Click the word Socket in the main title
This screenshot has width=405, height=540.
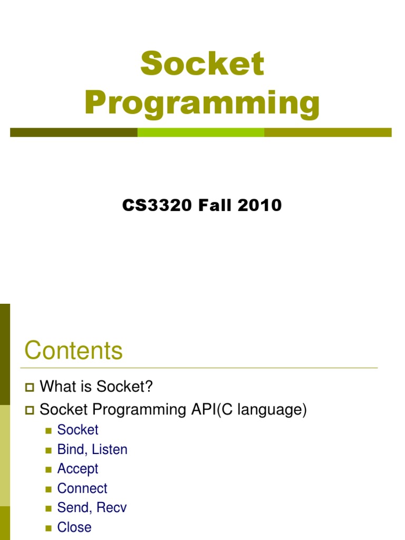[202, 64]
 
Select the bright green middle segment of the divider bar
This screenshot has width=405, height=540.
[200, 132]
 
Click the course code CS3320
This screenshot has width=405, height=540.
[157, 205]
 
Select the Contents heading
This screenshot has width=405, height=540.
[73, 351]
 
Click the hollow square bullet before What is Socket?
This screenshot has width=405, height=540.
[29, 388]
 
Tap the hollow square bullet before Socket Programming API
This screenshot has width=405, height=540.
[29, 410]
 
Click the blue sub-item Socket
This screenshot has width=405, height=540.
[78, 430]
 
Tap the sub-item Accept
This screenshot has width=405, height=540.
[78, 469]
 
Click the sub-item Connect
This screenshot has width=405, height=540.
[82, 488]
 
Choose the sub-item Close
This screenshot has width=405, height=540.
[74, 527]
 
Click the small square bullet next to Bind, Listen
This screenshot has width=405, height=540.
[49, 450]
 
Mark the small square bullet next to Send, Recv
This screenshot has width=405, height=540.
[49, 509]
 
